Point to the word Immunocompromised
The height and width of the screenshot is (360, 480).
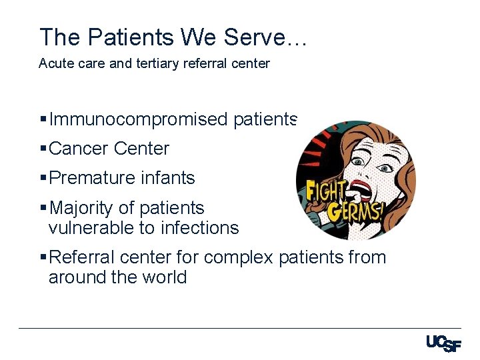click(139, 119)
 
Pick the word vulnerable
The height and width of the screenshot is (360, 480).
click(91, 228)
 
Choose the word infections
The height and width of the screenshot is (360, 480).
click(198, 228)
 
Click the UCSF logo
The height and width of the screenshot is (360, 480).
click(443, 343)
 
